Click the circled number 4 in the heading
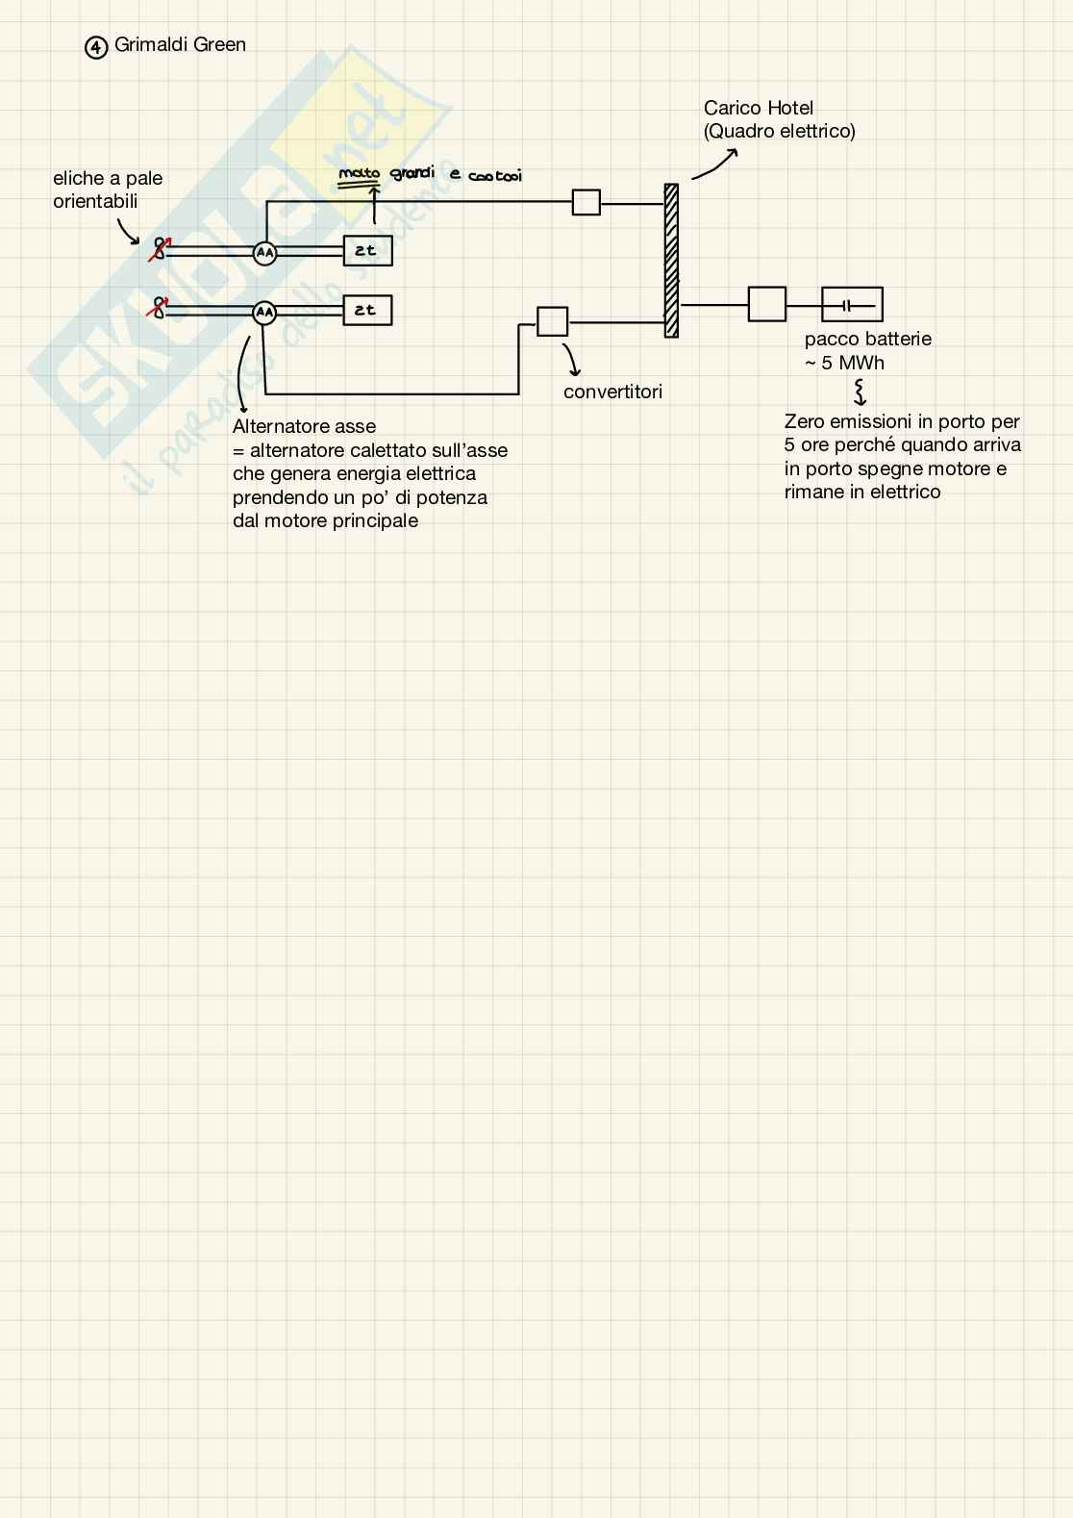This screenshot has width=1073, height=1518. [96, 47]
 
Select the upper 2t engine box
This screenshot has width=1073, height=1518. [367, 251]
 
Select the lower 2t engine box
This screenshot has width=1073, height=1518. [367, 310]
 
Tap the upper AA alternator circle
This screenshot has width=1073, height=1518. [264, 253]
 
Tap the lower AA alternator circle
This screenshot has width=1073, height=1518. [264, 313]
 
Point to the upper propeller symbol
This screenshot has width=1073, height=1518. [160, 248]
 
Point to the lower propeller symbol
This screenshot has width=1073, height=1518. [159, 308]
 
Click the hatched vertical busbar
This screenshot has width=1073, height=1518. [671, 260]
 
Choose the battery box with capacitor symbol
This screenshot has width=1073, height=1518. [852, 305]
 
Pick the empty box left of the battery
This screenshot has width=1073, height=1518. [766, 304]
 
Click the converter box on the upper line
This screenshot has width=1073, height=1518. [586, 202]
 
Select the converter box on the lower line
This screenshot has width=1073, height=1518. [552, 321]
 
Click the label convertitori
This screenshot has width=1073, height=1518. [612, 392]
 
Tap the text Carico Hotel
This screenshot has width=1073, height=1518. [758, 108]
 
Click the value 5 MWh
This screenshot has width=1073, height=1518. [852, 363]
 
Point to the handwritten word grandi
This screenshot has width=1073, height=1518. [412, 174]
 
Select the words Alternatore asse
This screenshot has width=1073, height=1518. [304, 426]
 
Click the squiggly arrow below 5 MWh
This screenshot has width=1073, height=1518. [860, 391]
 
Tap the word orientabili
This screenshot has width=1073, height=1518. [95, 201]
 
